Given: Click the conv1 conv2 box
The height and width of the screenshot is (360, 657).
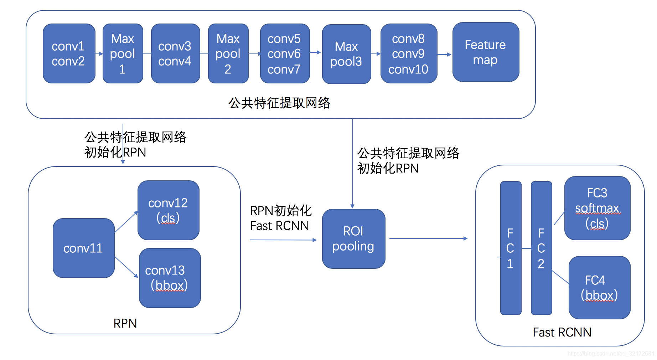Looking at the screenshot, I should click(x=69, y=53).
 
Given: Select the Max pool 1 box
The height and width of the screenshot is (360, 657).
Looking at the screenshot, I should click(x=123, y=53).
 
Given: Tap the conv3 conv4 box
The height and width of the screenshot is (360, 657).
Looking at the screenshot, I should click(x=175, y=53).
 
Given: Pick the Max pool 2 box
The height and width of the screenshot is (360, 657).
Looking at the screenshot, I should click(x=228, y=53).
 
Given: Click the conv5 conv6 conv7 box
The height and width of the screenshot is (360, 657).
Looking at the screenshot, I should click(x=285, y=53).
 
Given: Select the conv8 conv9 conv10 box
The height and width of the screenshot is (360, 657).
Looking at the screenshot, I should click(x=409, y=53).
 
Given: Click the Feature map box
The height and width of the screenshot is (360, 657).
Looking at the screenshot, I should click(x=486, y=52).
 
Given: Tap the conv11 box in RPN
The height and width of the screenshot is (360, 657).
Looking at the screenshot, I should click(x=83, y=248).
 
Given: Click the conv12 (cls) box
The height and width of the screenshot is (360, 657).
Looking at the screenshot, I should click(x=168, y=210).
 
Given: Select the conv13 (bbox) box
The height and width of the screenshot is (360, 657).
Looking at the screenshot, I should click(x=170, y=278).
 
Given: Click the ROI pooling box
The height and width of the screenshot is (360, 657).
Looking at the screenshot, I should click(x=353, y=239).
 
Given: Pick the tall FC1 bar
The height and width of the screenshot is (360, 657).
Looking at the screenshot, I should click(x=511, y=248).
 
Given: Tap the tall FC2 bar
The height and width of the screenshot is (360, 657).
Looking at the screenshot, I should click(x=541, y=248).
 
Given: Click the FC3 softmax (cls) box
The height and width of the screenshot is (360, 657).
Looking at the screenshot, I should click(x=597, y=208).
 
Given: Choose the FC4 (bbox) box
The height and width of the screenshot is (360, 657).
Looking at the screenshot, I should click(x=599, y=287).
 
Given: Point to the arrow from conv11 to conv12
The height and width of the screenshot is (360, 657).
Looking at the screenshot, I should click(x=126, y=222).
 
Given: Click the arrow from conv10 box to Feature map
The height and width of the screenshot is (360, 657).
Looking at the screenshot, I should click(x=444, y=55).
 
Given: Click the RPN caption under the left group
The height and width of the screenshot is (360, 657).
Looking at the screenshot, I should click(x=125, y=323).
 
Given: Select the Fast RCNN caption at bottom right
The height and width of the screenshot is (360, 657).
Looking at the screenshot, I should click(x=562, y=332).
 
